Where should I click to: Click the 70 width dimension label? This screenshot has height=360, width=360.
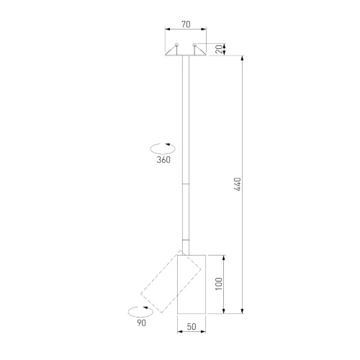(x=186, y=24)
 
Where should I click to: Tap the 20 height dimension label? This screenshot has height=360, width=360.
(x=219, y=49)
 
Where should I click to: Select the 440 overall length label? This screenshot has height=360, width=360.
(x=238, y=184)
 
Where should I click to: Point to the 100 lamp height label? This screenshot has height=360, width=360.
(x=219, y=284)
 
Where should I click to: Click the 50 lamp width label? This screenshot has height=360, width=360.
(x=192, y=327)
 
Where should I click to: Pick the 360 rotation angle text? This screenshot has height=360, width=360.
(x=163, y=160)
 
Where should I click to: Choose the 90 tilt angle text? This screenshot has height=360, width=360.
(x=142, y=323)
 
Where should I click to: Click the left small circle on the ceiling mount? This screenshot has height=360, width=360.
(x=176, y=45)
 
